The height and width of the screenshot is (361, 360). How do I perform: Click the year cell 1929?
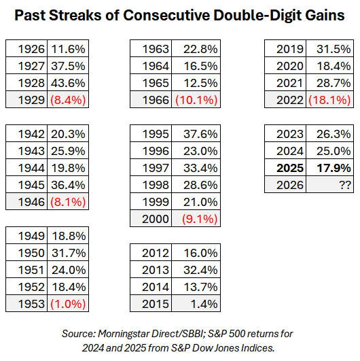pos(25,100)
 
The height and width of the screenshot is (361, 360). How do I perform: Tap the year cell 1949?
pos(25,236)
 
